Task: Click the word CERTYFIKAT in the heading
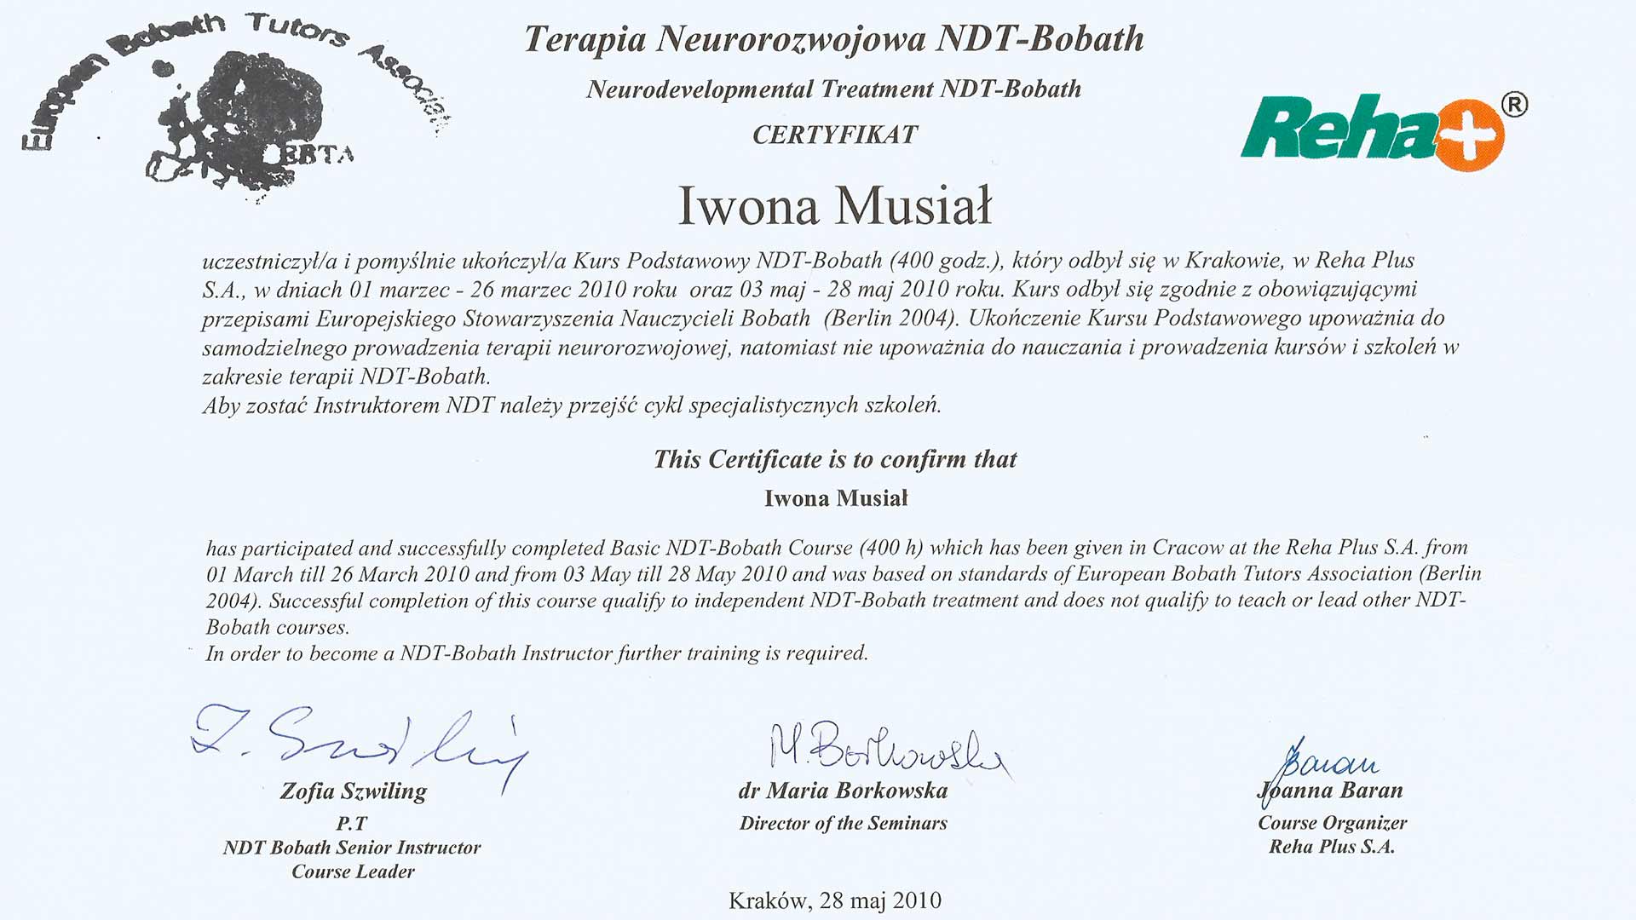(x=834, y=135)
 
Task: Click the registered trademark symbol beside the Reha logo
(x=1513, y=105)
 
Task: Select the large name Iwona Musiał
(x=835, y=206)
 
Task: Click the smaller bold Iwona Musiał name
(x=836, y=498)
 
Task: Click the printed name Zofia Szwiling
(x=353, y=791)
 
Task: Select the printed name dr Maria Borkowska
(x=843, y=791)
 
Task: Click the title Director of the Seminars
(x=843, y=823)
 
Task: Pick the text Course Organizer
(x=1332, y=823)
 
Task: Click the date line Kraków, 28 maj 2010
(x=834, y=900)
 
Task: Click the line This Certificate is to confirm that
(x=835, y=460)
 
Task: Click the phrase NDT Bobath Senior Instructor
(x=352, y=848)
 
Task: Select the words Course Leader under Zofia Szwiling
(x=353, y=871)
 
